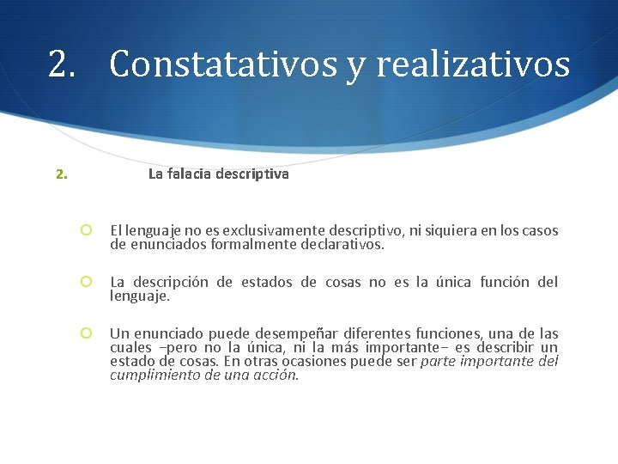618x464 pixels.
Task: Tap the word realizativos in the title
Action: (473, 64)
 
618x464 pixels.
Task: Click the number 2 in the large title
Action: (59, 64)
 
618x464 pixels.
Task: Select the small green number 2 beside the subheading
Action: (60, 174)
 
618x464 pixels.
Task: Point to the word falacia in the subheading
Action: (191, 174)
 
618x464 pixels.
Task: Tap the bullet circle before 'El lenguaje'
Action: (86, 230)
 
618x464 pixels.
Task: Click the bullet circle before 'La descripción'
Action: (86, 282)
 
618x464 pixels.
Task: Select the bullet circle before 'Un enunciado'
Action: (86, 333)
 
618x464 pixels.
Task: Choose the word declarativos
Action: (342, 244)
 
